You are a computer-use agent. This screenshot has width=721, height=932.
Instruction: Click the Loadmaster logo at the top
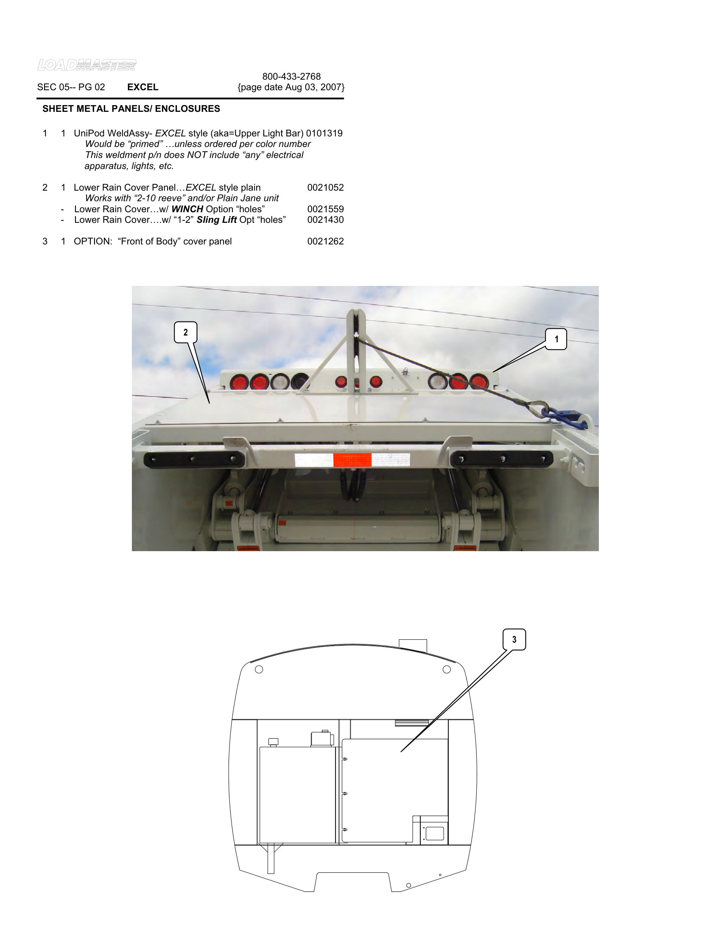pyautogui.click(x=87, y=65)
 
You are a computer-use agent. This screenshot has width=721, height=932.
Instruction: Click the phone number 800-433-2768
pyautogui.click(x=291, y=76)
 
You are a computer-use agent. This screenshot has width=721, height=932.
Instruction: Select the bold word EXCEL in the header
pyautogui.click(x=143, y=87)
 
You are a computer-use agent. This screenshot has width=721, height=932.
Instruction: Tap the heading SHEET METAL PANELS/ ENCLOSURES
pyautogui.click(x=131, y=109)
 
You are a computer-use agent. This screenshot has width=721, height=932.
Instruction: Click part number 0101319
pyautogui.click(x=324, y=133)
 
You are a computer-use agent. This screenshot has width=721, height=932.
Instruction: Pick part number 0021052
pyautogui.click(x=325, y=187)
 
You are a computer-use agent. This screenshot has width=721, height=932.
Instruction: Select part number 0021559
pyautogui.click(x=325, y=209)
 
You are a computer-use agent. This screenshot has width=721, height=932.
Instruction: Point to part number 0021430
pyautogui.click(x=325, y=220)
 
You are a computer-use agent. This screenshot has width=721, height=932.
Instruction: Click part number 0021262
pyautogui.click(x=325, y=241)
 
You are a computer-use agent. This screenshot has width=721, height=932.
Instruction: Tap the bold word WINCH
pyautogui.click(x=187, y=209)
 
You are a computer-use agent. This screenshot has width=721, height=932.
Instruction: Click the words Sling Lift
pyautogui.click(x=217, y=220)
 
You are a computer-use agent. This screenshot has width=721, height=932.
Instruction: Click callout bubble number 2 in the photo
pyautogui.click(x=185, y=333)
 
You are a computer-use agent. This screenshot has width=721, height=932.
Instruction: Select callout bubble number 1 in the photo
pyautogui.click(x=556, y=339)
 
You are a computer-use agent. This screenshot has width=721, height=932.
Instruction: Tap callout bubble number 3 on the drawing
pyautogui.click(x=514, y=639)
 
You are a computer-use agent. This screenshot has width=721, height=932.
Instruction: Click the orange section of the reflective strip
pyautogui.click(x=352, y=460)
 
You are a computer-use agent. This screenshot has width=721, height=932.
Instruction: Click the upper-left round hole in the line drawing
pyautogui.click(x=259, y=669)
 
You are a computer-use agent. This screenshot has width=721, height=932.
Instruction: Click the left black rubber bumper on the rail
pyautogui.click(x=194, y=459)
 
